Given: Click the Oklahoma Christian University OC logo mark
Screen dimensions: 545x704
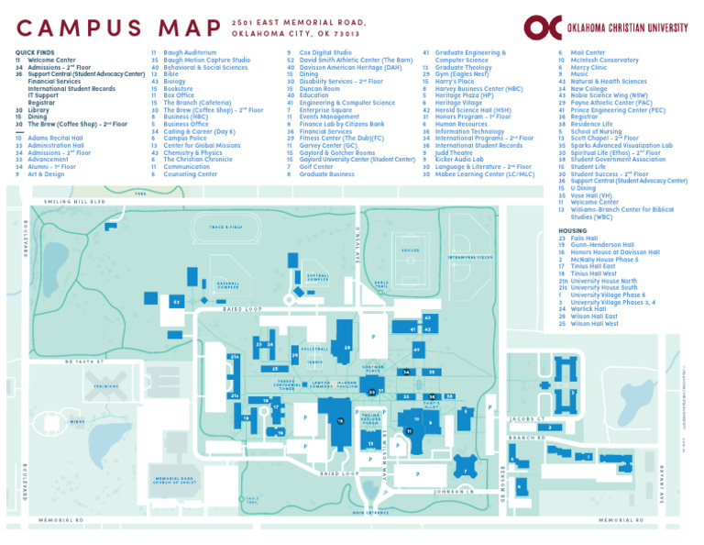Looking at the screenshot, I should pyautogui.click(x=539, y=28).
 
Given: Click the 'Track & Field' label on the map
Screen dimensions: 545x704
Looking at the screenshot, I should pyautogui.click(x=225, y=227).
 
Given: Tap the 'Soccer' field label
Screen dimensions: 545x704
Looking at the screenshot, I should pyautogui.click(x=410, y=250).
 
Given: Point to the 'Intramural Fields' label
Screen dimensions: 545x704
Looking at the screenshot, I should pyautogui.click(x=470, y=258).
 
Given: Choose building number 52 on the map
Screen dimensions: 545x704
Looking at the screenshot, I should pyautogui.click(x=175, y=300).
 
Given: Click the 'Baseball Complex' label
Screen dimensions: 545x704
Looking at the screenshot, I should pyautogui.click(x=228, y=287).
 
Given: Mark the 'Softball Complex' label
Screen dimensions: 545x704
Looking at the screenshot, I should pyautogui.click(x=318, y=276).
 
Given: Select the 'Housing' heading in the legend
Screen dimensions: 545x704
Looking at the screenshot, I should pyautogui.click(x=573, y=230).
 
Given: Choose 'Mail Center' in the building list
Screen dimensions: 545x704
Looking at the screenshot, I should pyautogui.click(x=588, y=52).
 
